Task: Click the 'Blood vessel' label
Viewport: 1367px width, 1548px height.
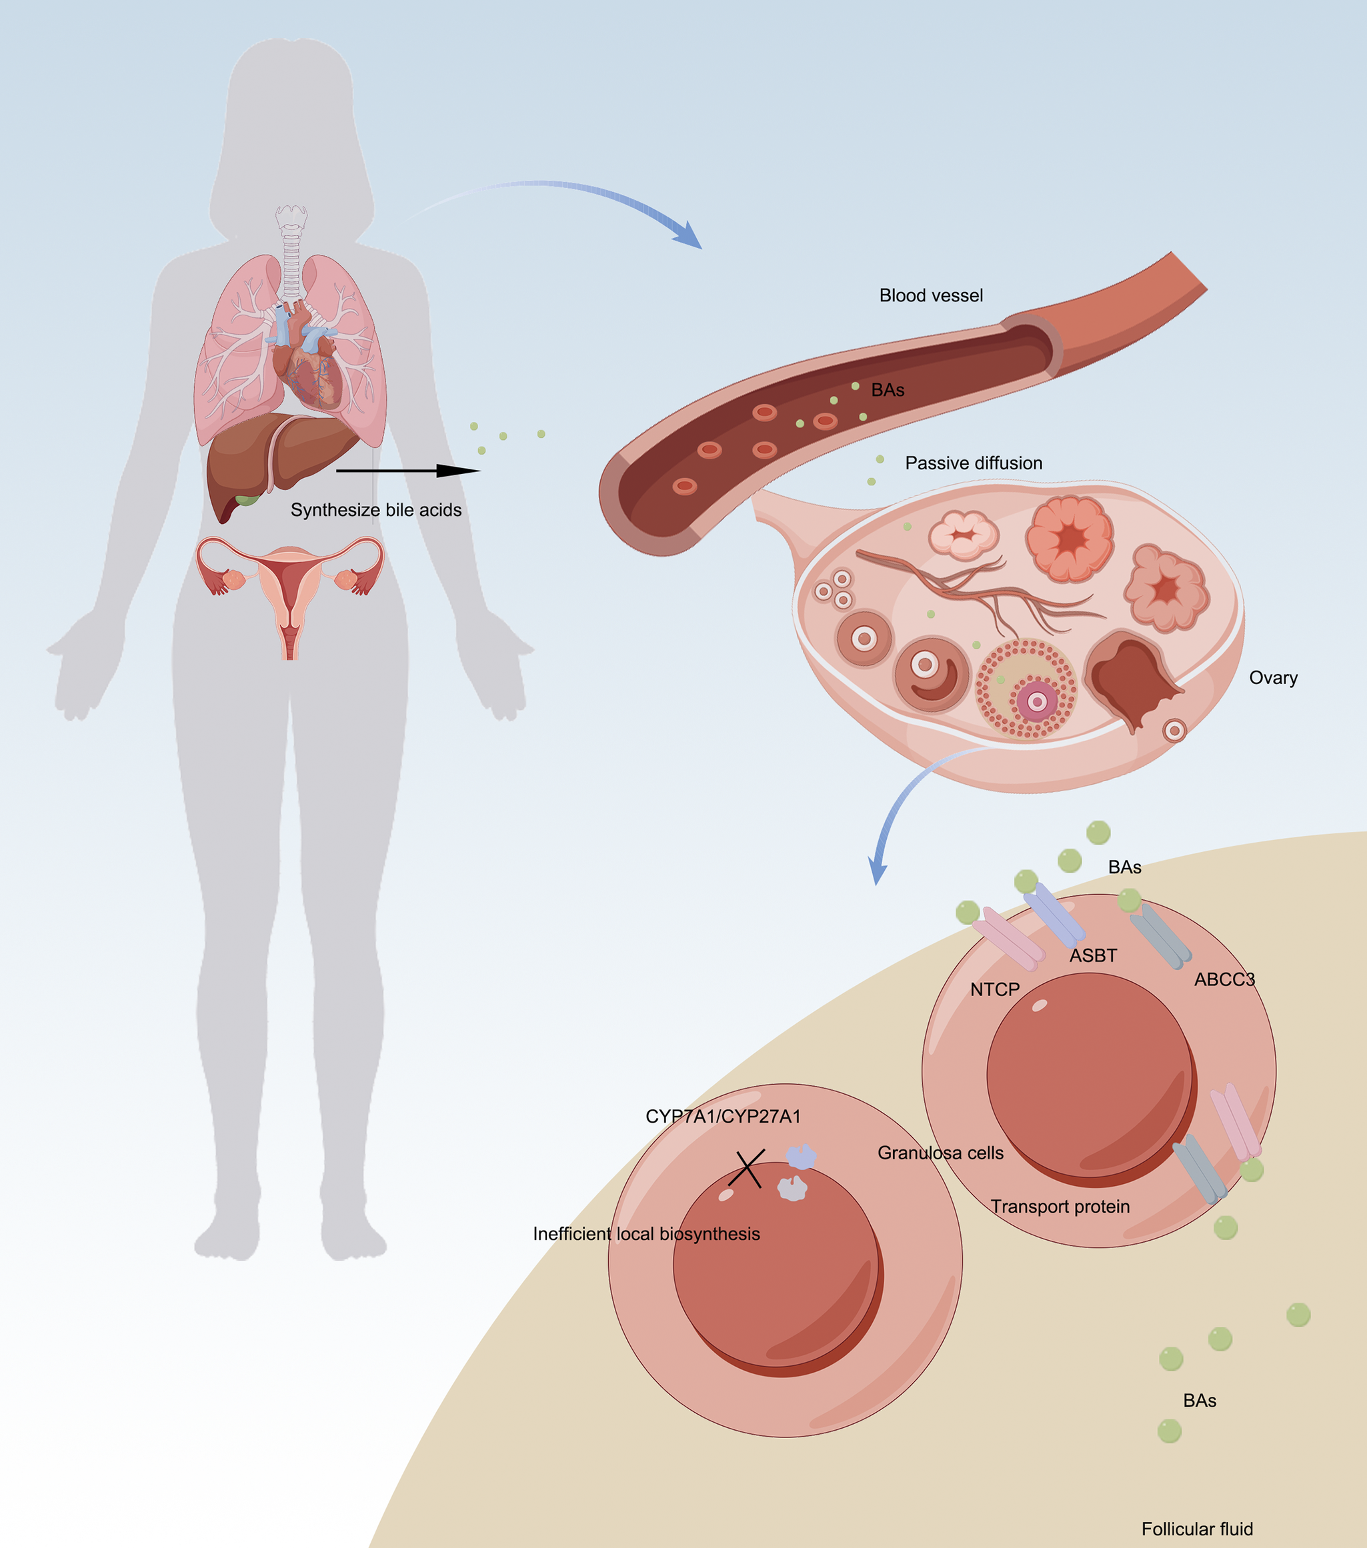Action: (x=931, y=295)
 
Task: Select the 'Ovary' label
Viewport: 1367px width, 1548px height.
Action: (x=1273, y=678)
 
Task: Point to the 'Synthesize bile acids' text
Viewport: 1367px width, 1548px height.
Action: (x=375, y=510)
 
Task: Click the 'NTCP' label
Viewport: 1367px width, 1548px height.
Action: (x=994, y=989)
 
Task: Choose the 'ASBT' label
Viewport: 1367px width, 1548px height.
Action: (x=1093, y=956)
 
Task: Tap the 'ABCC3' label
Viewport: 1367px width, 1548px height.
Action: (x=1224, y=979)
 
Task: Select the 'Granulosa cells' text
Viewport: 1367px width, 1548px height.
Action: (x=941, y=1153)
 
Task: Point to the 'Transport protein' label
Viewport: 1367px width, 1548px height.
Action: (x=1060, y=1207)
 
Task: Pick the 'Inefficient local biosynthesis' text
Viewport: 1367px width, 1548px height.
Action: (x=646, y=1234)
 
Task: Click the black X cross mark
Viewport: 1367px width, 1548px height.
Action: (x=747, y=1169)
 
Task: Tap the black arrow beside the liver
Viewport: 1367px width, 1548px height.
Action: (x=407, y=470)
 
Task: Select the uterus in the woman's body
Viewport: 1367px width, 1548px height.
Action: (x=289, y=591)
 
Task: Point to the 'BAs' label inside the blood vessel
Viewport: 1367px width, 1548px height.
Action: (x=888, y=390)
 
